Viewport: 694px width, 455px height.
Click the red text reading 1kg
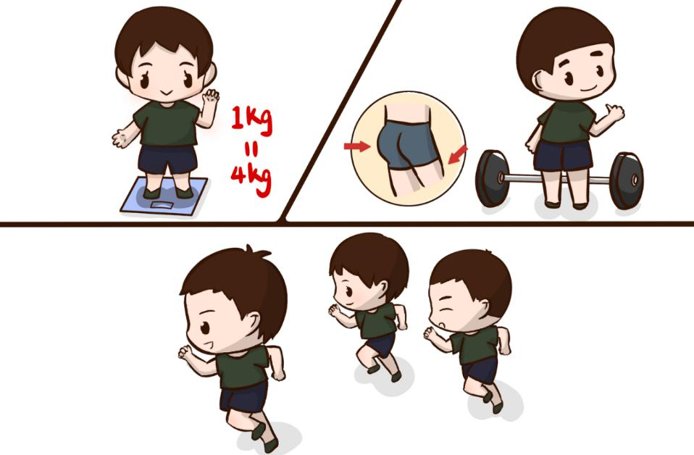click(251, 120)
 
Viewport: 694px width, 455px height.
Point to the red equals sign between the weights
click(251, 151)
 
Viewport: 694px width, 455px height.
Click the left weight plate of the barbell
click(492, 178)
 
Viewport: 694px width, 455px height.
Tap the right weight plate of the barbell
click(627, 180)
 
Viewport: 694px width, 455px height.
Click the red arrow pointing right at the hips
click(356, 146)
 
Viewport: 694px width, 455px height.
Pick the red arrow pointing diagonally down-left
click(457, 155)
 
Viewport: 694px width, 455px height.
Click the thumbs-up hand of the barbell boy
click(614, 112)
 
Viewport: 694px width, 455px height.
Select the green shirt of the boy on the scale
click(167, 123)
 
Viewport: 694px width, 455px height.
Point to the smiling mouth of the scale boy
click(166, 94)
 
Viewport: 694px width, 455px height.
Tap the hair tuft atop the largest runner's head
click(256, 252)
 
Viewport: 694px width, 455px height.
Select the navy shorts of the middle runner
click(380, 344)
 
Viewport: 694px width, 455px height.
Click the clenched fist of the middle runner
click(333, 310)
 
